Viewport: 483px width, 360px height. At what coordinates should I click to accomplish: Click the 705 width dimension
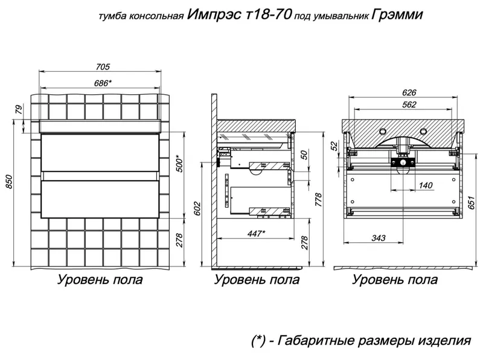(103, 66)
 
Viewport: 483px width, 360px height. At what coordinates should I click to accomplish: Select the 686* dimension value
(103, 83)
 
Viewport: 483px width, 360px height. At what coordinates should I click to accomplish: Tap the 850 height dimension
(9, 182)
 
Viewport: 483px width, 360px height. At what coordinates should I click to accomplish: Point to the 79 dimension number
(19, 110)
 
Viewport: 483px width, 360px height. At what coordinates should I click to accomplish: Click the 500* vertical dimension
(179, 163)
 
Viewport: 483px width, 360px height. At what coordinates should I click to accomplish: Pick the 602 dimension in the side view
(197, 208)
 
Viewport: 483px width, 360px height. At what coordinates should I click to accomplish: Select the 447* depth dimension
(256, 233)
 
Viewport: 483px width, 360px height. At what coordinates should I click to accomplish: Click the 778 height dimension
(318, 200)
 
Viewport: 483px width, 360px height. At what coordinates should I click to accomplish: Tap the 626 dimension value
(409, 92)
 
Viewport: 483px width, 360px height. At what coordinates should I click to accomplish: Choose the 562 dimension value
(409, 104)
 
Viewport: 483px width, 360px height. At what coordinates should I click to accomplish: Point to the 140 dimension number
(426, 185)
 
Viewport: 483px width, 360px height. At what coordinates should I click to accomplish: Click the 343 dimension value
(379, 237)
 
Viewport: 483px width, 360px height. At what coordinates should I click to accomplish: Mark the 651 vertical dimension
(472, 202)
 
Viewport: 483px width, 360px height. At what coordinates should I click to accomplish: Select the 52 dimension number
(334, 146)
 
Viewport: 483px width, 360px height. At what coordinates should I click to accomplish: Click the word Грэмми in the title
(397, 14)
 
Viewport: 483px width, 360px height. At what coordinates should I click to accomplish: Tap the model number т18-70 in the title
(269, 14)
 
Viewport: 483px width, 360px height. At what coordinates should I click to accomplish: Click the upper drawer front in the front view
(100, 153)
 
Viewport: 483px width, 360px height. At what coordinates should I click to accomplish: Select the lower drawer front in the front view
(100, 199)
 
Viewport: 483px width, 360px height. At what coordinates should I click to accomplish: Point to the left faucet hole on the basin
(383, 131)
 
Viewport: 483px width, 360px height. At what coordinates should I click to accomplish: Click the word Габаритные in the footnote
(321, 341)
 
